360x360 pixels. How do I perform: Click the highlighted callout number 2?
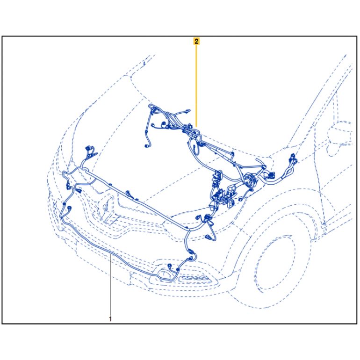pyautogui.click(x=196, y=41)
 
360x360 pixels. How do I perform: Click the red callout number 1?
pyautogui.click(x=110, y=319)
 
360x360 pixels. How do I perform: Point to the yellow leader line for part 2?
pyautogui.click(x=196, y=84)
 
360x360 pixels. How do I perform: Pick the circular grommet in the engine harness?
pyautogui.click(x=249, y=180)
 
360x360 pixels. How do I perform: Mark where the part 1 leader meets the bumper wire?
pyautogui.click(x=110, y=255)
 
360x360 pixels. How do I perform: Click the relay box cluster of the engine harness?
pyautogui.click(x=222, y=191)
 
